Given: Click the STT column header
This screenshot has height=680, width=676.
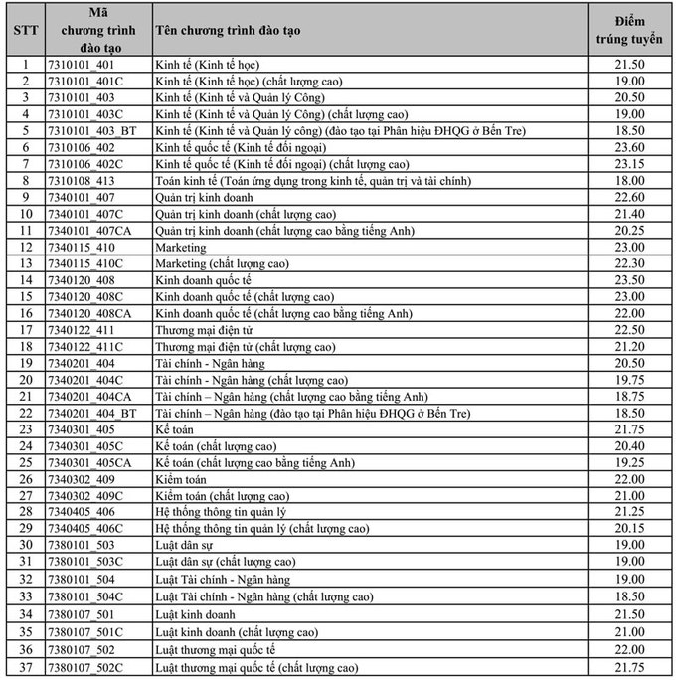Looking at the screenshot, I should coord(27,30).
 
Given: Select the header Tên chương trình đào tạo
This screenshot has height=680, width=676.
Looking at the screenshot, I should coord(229,30).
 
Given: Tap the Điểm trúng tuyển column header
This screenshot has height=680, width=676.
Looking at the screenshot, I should coord(631,30).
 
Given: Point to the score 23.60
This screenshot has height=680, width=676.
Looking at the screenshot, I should coord(631,147).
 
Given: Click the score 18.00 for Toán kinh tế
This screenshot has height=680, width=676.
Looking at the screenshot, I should coord(631,181).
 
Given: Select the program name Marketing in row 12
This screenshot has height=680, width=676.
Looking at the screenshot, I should coord(181,248).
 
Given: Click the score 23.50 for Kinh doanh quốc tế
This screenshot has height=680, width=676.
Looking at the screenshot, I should coord(631,280).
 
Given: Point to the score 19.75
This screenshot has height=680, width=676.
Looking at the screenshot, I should coord(631,380).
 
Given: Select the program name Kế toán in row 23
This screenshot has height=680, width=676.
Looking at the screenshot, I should coord(175,429).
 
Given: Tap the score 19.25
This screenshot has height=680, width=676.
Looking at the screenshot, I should coord(631,462).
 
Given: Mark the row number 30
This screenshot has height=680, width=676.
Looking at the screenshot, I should coord(27,545).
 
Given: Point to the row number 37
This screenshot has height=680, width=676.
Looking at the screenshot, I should coord(27,668).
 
